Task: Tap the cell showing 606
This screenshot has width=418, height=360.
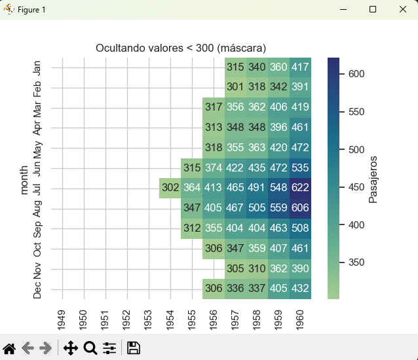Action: pos(301,209)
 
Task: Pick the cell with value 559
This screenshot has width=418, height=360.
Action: pos(279,209)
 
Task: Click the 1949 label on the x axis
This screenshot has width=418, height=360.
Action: pos(62,321)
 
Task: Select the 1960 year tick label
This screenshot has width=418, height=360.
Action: pos(301,321)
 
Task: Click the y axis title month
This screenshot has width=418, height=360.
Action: pos(24,178)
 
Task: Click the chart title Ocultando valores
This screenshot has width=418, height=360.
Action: pos(181,48)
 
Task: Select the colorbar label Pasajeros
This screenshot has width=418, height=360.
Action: pos(373,179)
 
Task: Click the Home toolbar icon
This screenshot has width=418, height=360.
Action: pos(9,348)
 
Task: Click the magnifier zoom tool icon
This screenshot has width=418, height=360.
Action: pos(90,348)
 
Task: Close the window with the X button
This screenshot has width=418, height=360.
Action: pos(402,10)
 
